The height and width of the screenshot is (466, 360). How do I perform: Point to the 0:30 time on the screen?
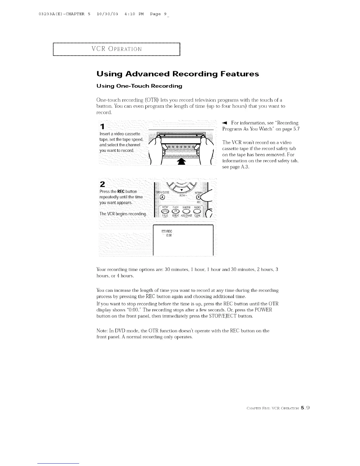pyautogui.click(x=169, y=235)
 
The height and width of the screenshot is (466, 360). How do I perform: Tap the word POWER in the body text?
pyautogui.click(x=263, y=310)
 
